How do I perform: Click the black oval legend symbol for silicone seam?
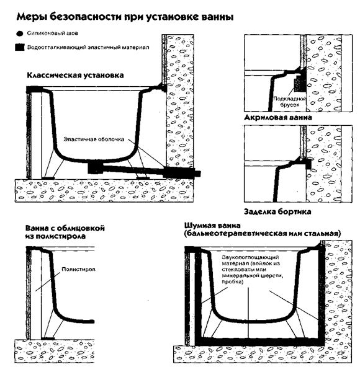[x=20, y=35]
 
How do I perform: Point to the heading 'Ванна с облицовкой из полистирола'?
[x=65, y=232]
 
